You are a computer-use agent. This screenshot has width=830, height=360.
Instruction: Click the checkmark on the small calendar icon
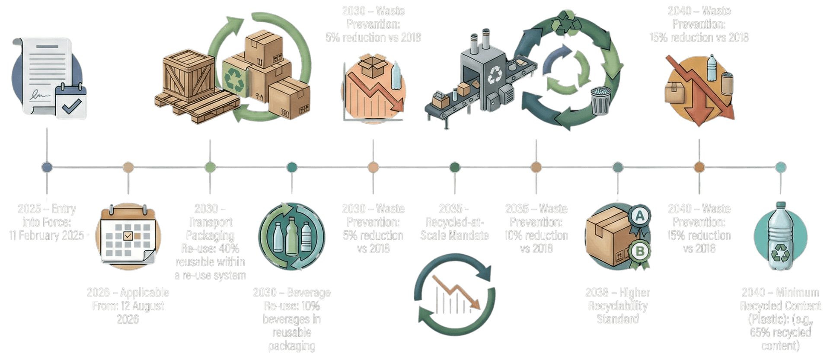[x=71, y=105]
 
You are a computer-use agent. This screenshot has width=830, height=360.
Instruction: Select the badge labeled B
[x=640, y=250]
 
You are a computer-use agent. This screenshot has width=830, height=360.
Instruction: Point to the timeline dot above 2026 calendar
[x=128, y=167]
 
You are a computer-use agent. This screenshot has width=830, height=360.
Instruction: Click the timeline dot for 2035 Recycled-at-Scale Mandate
[x=454, y=167]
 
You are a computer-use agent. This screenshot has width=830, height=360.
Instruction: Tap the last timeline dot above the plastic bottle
[x=780, y=167]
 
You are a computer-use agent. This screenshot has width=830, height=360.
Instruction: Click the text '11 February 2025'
[x=47, y=236]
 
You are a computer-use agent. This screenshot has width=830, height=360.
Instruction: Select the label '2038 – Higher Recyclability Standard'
[x=617, y=306]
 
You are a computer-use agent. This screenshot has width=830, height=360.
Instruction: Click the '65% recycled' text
[x=780, y=332]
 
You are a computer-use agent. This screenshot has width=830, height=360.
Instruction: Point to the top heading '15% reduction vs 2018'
[x=699, y=38]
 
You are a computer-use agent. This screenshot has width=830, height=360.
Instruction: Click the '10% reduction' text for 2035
[x=536, y=236]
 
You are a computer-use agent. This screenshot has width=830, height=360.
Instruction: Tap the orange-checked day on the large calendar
[x=128, y=236]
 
